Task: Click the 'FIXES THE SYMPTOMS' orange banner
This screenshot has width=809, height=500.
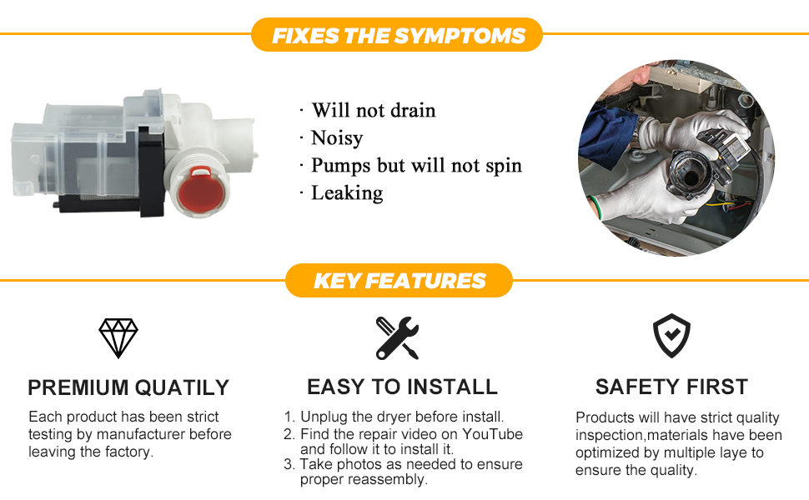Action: (397, 35)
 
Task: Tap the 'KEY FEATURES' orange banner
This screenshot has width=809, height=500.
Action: (399, 281)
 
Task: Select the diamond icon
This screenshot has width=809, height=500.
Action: (118, 338)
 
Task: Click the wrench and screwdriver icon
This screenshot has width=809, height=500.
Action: (397, 338)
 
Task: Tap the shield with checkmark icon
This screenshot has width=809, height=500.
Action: (671, 336)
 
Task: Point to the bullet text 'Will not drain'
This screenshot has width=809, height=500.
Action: (374, 110)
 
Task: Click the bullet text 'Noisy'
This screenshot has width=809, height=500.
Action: (337, 138)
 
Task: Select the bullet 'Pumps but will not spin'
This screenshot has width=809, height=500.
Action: (416, 166)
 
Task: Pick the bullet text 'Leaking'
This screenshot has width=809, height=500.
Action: (347, 193)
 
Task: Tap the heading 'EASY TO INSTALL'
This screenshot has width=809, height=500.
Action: (403, 387)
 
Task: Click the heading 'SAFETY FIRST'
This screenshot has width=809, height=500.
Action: (671, 387)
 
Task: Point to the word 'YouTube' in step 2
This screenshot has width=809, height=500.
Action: (492, 434)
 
